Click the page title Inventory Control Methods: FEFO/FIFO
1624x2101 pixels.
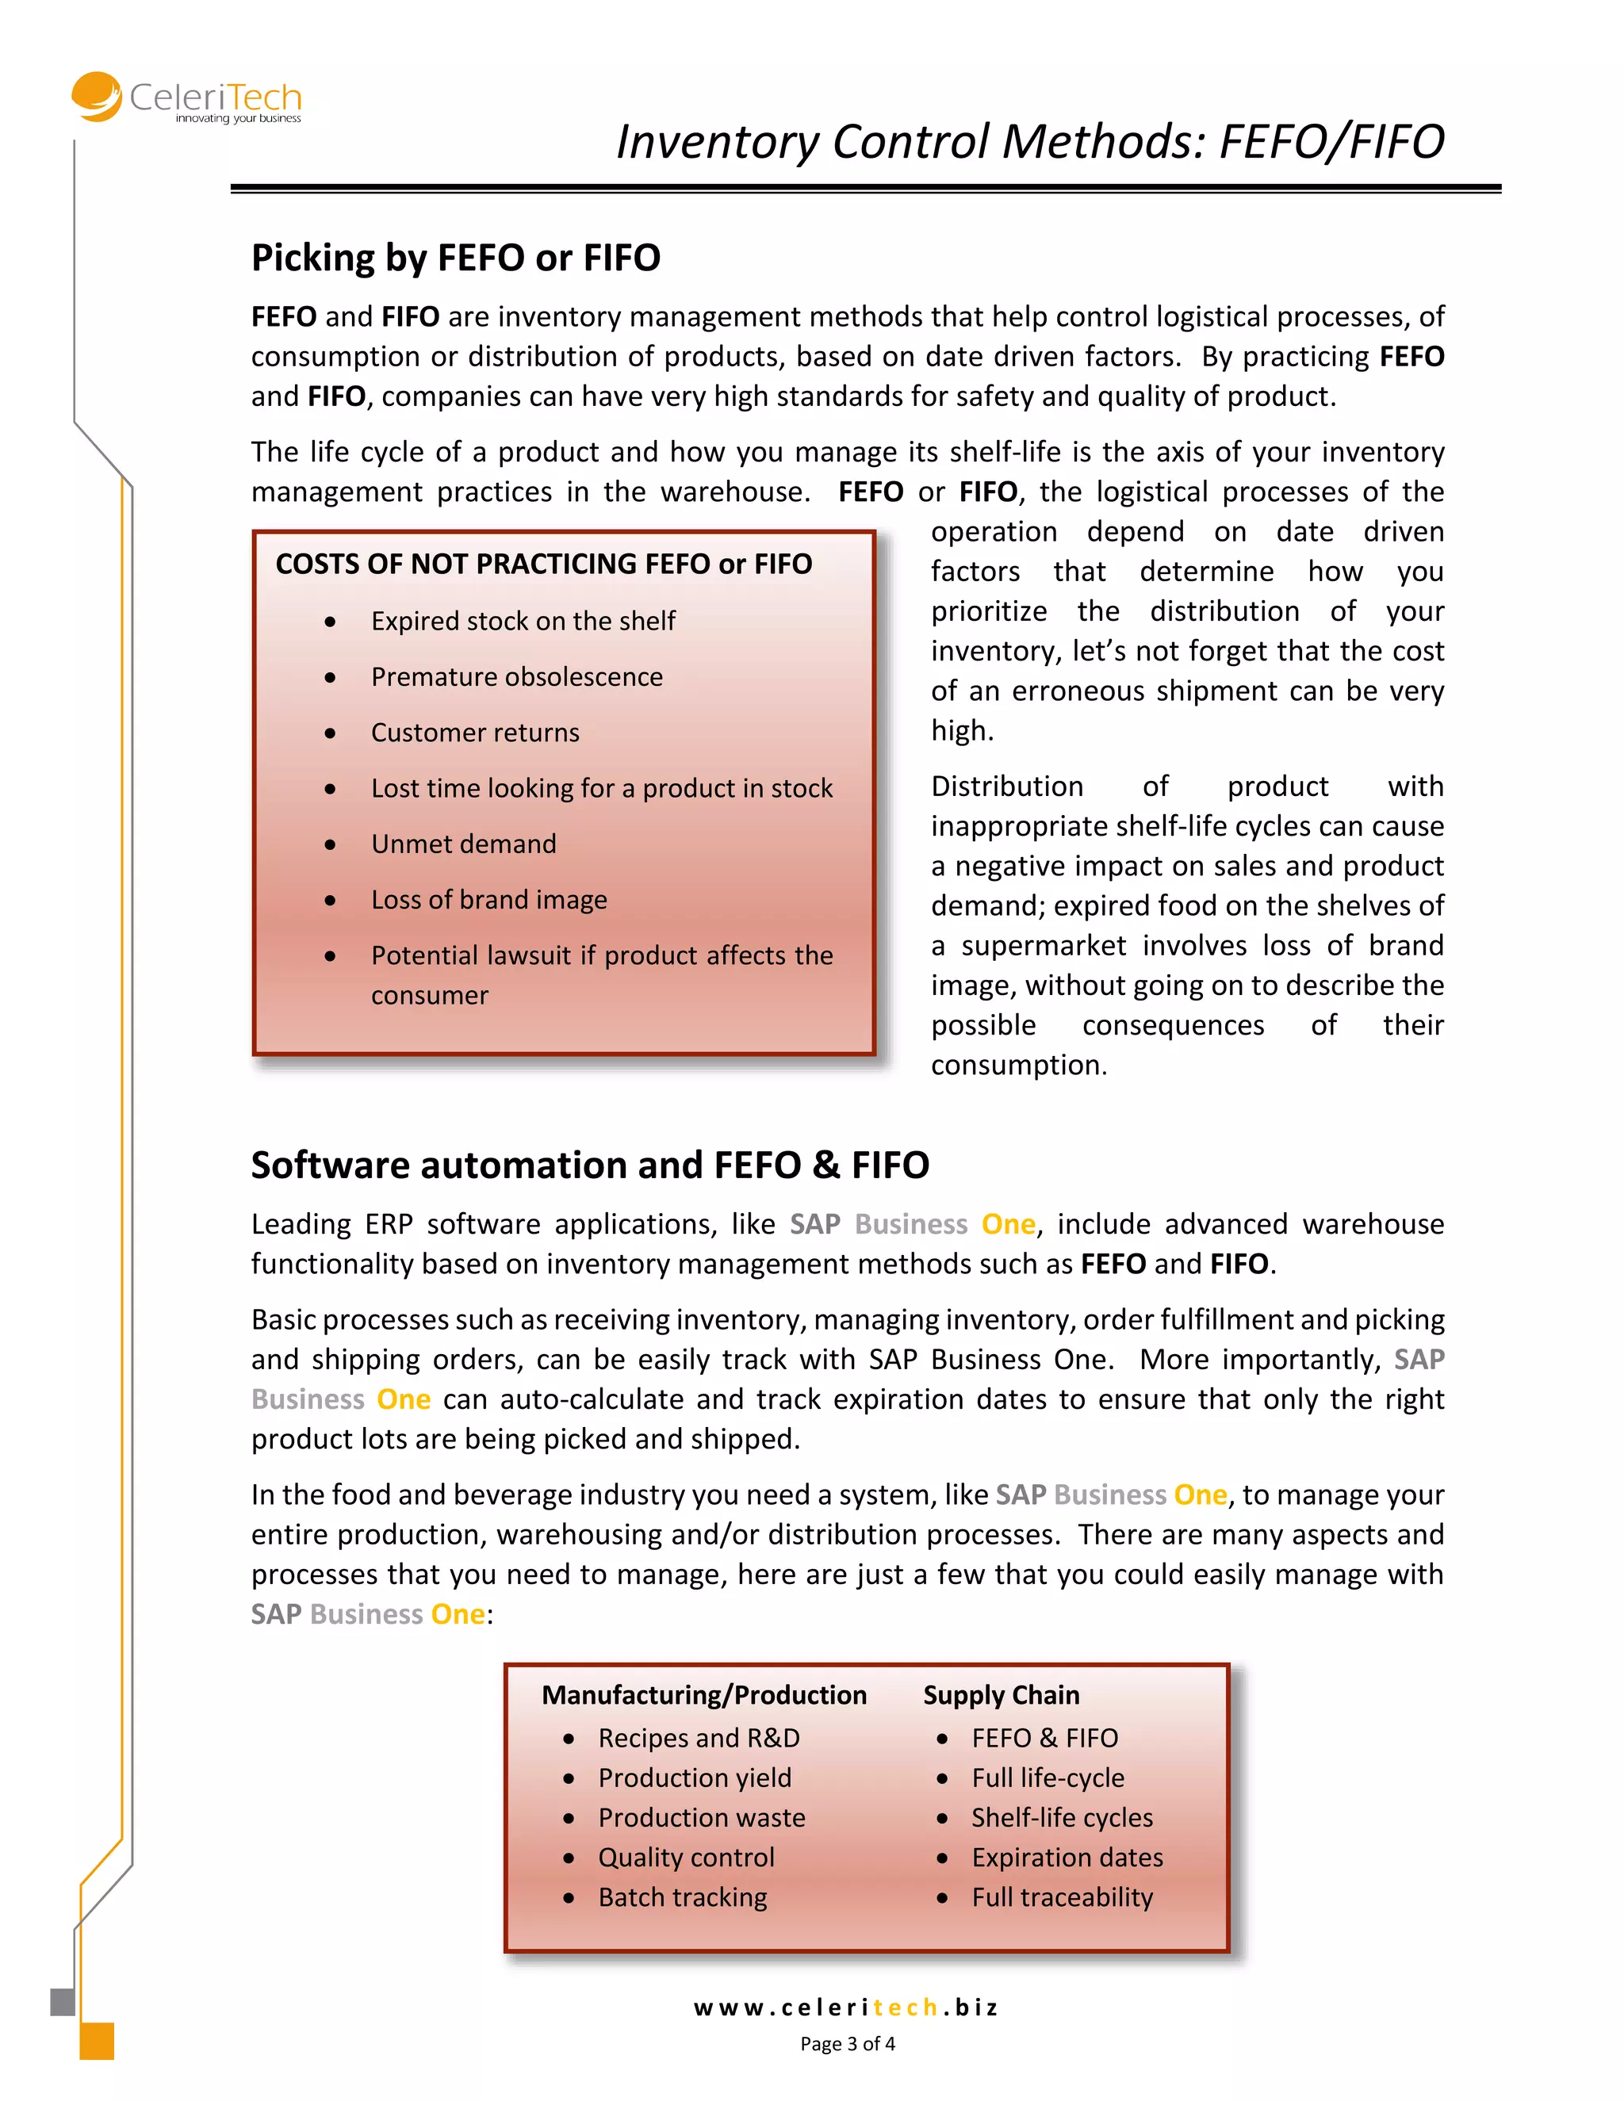1029,141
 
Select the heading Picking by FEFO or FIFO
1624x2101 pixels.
455,258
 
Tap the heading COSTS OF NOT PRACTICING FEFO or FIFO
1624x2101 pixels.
543,564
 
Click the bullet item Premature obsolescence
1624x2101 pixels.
517,677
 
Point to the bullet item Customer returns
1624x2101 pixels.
475,733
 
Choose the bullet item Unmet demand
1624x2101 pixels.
464,844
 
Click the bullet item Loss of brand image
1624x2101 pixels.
488,901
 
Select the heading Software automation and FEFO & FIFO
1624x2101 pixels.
590,1165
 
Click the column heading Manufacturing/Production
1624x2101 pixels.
703,1695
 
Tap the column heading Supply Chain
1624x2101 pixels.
1001,1695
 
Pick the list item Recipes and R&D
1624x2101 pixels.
699,1739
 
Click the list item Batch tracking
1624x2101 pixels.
682,1897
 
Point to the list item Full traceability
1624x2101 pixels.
1061,1897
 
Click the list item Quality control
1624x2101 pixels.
686,1858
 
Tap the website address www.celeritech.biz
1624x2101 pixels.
845,2007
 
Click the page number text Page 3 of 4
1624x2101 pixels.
847,2044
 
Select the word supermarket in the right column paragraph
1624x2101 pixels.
1043,946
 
